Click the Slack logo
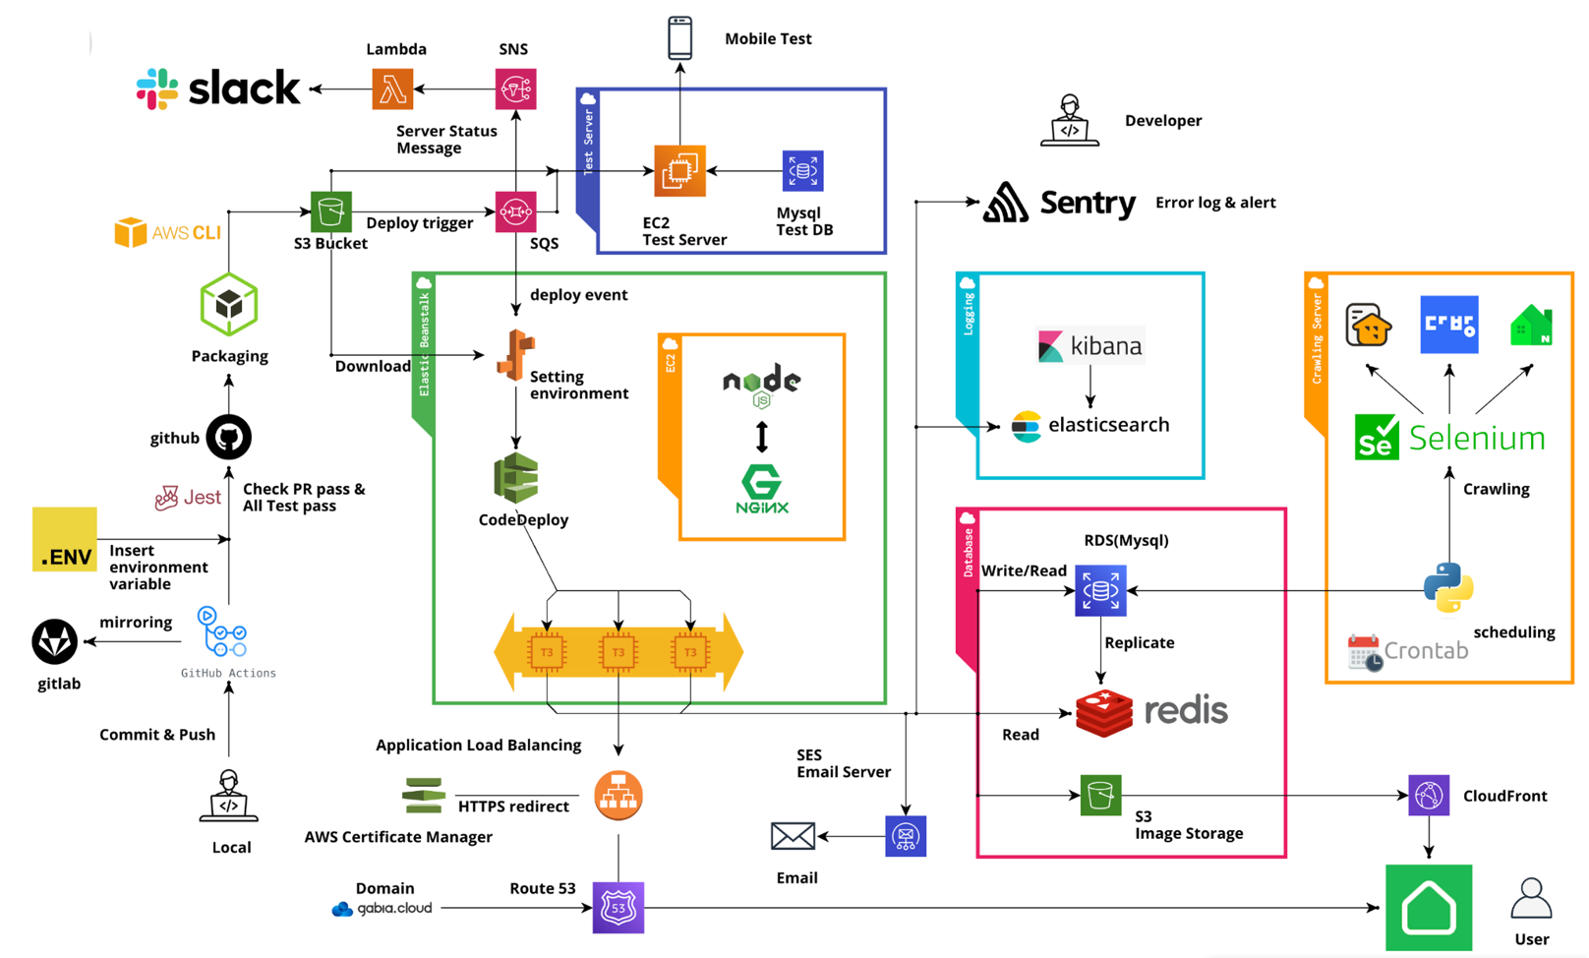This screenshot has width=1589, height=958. [x=218, y=89]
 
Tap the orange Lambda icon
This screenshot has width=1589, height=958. [x=392, y=90]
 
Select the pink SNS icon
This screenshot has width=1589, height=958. [x=515, y=90]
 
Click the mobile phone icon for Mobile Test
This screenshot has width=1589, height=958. [x=679, y=38]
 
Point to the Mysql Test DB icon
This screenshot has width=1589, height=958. [x=802, y=171]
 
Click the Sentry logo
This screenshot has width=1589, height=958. [x=1060, y=203]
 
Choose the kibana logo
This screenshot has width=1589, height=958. [x=1090, y=346]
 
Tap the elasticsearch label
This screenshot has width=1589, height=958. [x=1108, y=425]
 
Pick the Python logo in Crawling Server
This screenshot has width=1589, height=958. [x=1448, y=587]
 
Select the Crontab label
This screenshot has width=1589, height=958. [x=1426, y=651]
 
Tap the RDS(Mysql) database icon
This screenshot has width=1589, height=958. [x=1100, y=591]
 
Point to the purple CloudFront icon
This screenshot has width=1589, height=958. [x=1429, y=796]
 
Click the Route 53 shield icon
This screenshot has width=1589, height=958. [x=618, y=908]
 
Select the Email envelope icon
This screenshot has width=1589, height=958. [x=793, y=836]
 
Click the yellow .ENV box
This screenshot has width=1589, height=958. [x=65, y=539]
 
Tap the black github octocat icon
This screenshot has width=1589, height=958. [x=229, y=438]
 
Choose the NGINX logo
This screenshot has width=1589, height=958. [x=762, y=489]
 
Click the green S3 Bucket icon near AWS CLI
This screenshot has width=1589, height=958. [x=331, y=211]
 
